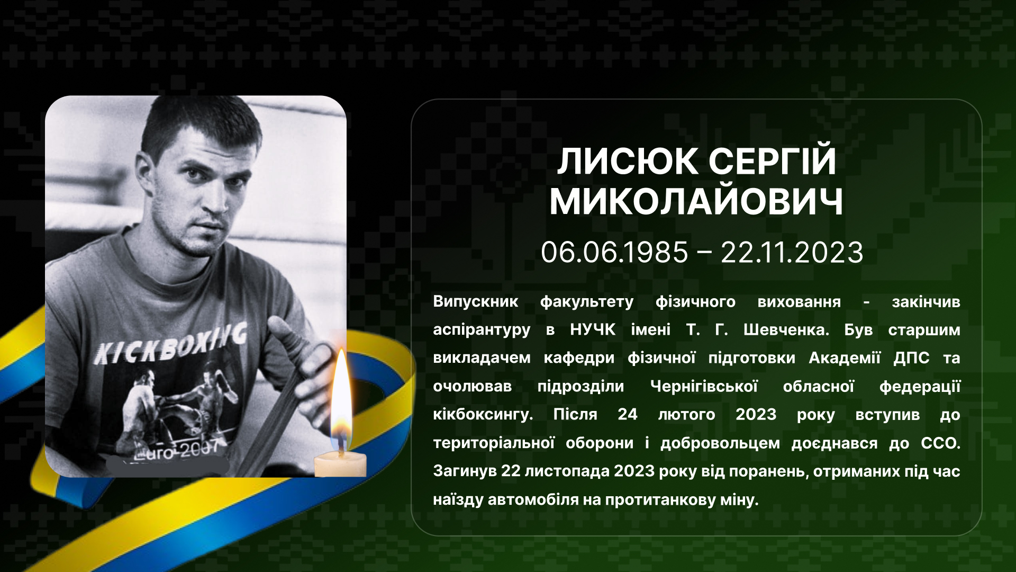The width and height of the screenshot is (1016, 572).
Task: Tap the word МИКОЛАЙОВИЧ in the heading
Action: [696, 202]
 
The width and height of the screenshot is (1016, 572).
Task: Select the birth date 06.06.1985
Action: [614, 252]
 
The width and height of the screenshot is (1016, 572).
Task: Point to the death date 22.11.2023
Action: [792, 252]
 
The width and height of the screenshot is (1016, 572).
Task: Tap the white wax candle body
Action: [340, 465]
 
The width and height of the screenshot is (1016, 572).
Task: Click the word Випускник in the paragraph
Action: [476, 302]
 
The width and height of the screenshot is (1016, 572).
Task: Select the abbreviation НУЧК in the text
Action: [593, 330]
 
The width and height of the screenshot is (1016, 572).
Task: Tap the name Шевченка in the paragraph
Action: [786, 330]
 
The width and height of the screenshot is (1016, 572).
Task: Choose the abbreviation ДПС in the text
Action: [911, 358]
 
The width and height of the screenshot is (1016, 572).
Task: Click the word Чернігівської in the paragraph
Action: [704, 386]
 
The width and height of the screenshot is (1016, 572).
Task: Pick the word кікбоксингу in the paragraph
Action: [483, 415]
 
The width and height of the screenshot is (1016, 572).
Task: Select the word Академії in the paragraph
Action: [845, 358]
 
